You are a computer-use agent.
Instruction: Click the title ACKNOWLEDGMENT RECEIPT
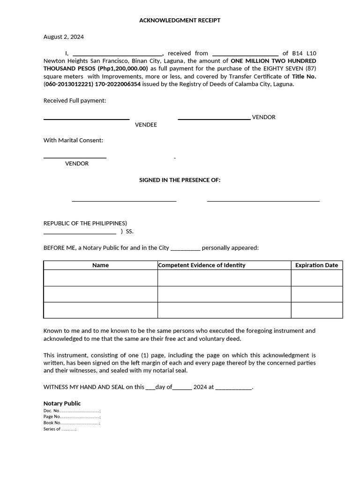(x=180, y=21)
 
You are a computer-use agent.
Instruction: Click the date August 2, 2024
(x=64, y=37)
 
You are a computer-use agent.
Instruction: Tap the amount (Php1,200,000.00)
(x=123, y=68)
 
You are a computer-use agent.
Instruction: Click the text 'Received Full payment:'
(x=75, y=100)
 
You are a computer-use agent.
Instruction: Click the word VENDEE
(x=146, y=125)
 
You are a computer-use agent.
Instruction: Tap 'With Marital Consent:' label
(x=73, y=140)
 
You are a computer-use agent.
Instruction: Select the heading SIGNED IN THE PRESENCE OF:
(x=180, y=180)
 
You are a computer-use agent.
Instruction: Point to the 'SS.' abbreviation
(x=130, y=232)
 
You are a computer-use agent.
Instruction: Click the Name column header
(x=100, y=265)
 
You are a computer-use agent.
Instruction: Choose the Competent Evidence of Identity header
(x=202, y=265)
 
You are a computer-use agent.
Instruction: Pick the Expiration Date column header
(x=316, y=265)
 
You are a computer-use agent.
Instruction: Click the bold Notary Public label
(x=62, y=403)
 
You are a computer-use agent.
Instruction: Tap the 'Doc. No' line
(x=72, y=411)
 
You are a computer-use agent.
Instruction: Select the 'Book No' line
(x=72, y=423)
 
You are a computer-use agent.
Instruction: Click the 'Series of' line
(x=60, y=429)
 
